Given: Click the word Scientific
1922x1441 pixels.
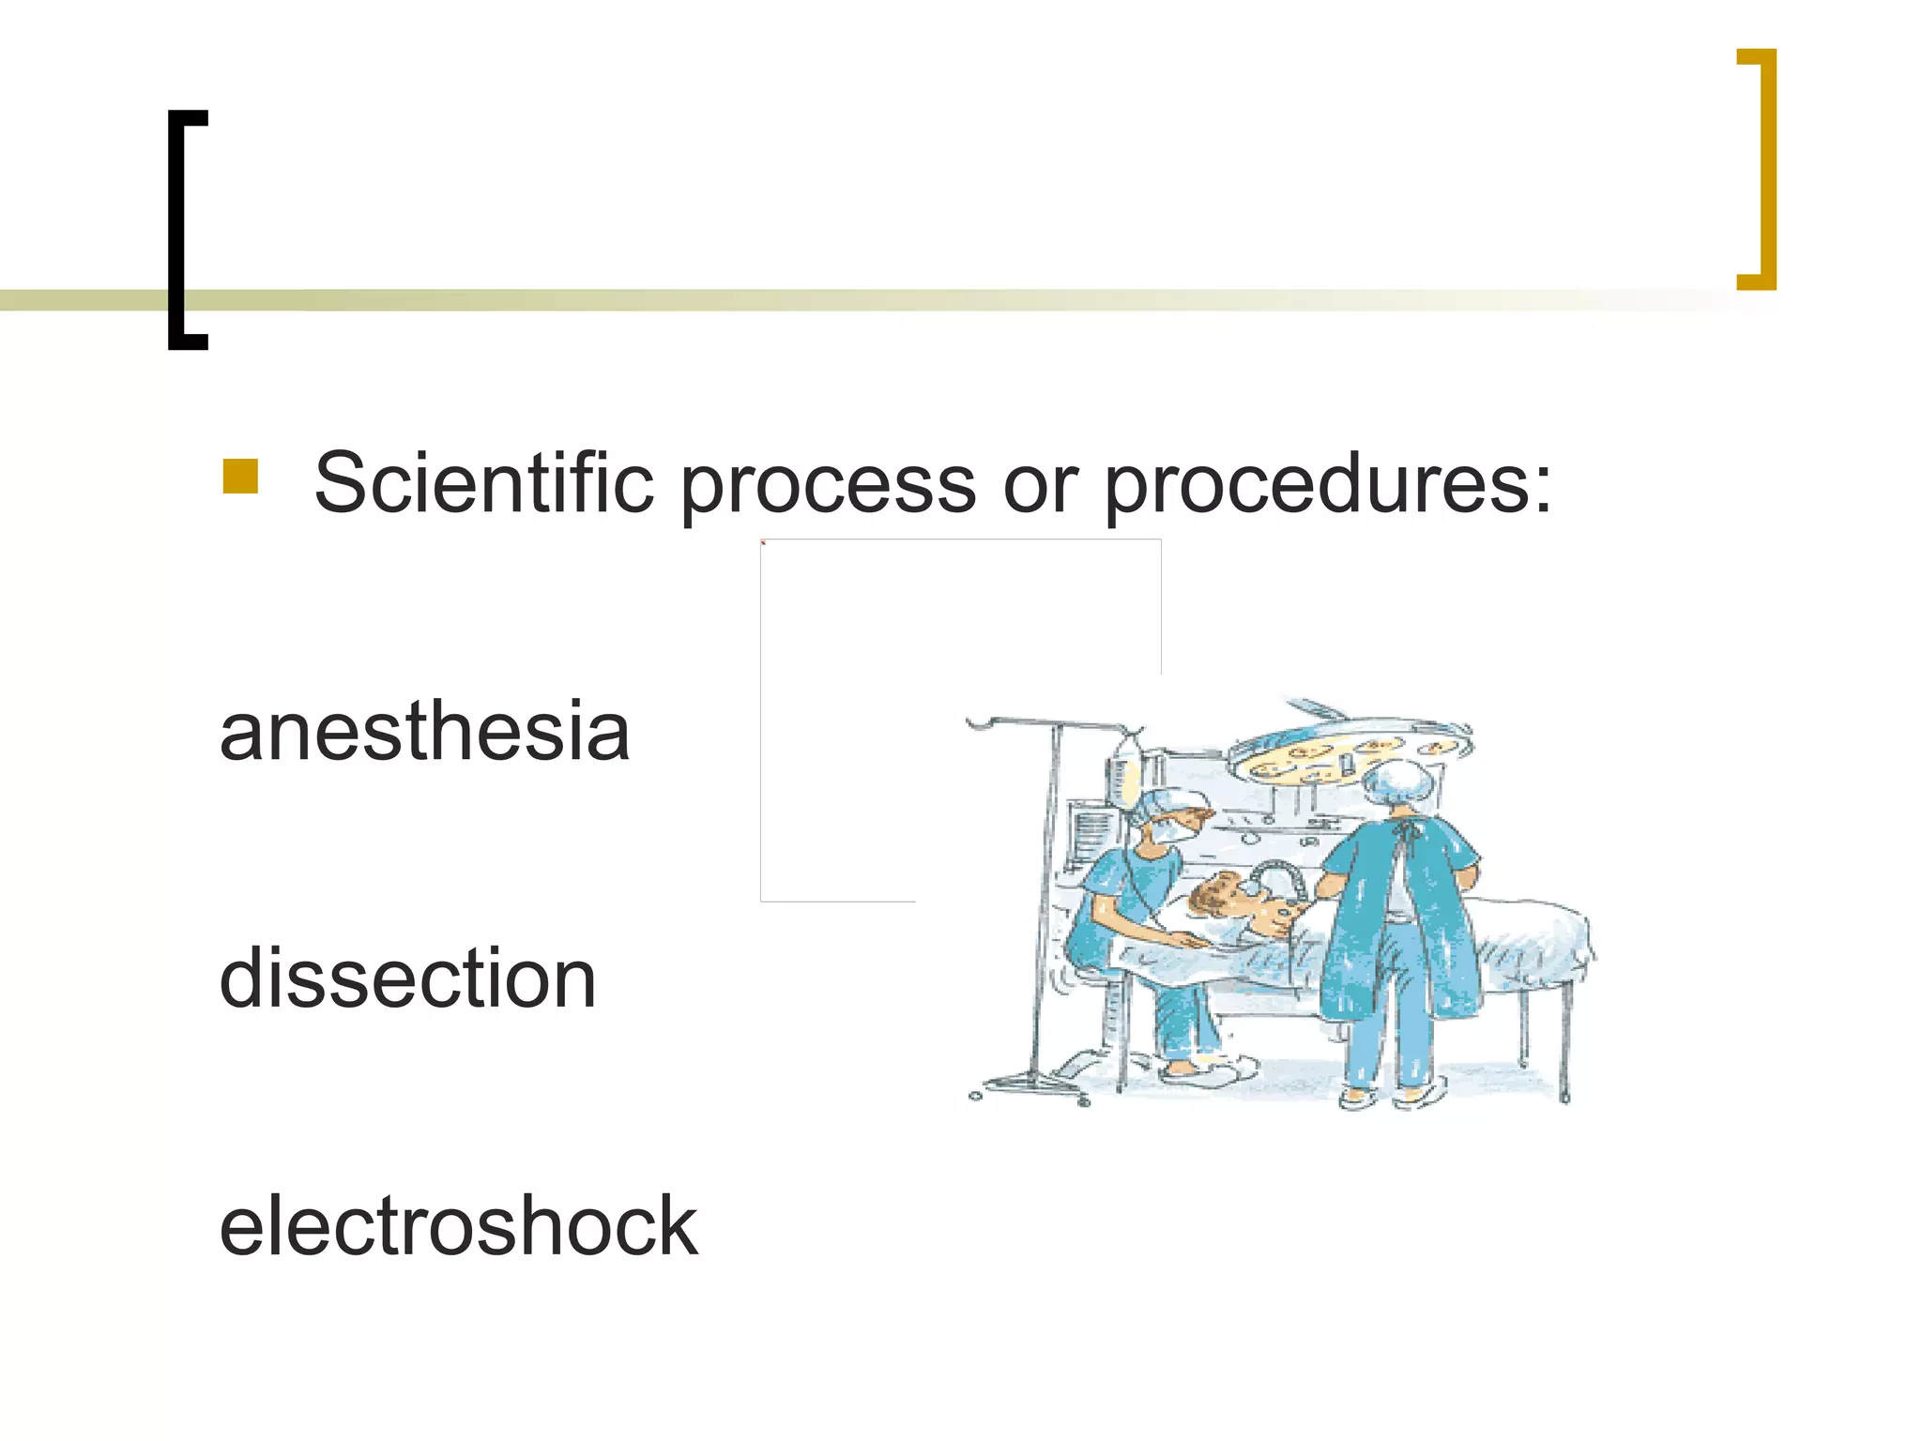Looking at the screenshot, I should click(x=483, y=483).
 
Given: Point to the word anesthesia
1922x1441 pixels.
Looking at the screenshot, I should click(x=424, y=732).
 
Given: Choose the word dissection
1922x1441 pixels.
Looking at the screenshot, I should click(x=407, y=978).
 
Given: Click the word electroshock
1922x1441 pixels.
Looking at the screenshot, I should click(x=458, y=1225).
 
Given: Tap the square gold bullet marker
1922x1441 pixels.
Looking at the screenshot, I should click(x=240, y=477).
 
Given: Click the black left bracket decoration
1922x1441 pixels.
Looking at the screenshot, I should click(x=184, y=230).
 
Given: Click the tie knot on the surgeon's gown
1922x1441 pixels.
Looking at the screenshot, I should click(x=1405, y=831).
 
